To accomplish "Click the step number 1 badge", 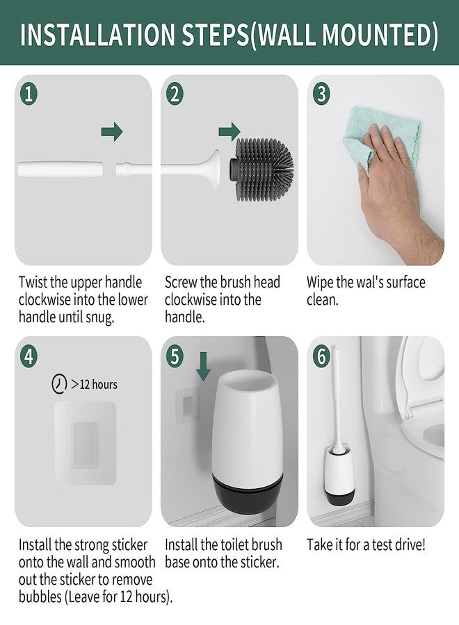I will pyautogui.click(x=29, y=94).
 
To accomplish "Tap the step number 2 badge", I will pyautogui.click(x=175, y=94).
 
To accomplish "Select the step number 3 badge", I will pyautogui.click(x=321, y=94).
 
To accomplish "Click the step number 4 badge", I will pyautogui.click(x=29, y=356).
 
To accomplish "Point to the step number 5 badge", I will pyautogui.click(x=175, y=356).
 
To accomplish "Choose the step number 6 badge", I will pyautogui.click(x=321, y=356).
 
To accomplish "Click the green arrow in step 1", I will pyautogui.click(x=111, y=131).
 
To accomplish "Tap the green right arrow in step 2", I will pyautogui.click(x=229, y=131).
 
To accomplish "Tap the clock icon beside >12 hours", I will pyautogui.click(x=61, y=384).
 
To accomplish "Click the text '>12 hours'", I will pyautogui.click(x=94, y=384).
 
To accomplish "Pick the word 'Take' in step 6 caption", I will pyautogui.click(x=322, y=544).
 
